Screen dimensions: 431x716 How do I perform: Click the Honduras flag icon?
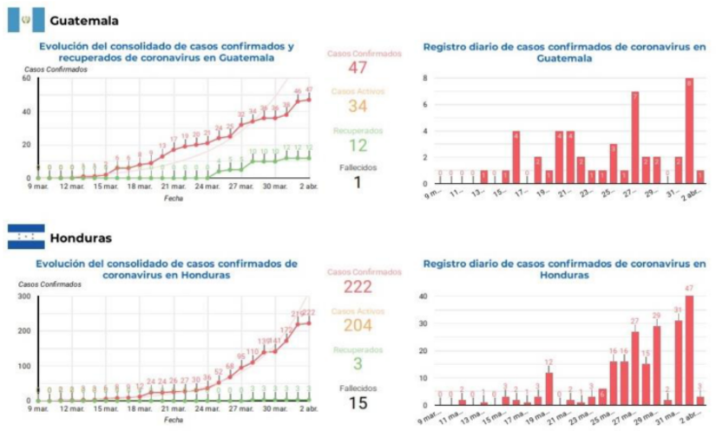[x=24, y=236]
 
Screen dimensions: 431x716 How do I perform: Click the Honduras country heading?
[x=82, y=236]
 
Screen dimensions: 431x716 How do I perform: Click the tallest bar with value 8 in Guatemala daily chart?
[x=689, y=131]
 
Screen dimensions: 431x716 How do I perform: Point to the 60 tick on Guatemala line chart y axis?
[x=26, y=78]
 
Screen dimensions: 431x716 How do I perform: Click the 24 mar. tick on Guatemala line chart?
[x=206, y=186]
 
